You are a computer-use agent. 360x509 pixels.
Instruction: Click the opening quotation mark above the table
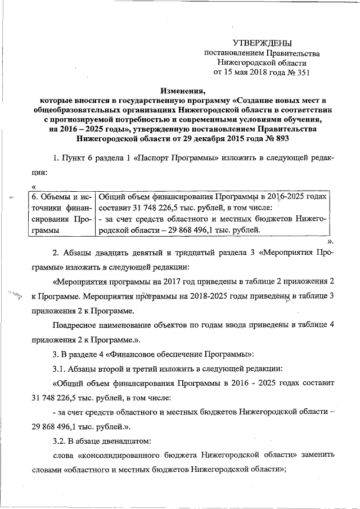coord(34,186)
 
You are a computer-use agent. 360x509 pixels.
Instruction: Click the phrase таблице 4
coord(318,325)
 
